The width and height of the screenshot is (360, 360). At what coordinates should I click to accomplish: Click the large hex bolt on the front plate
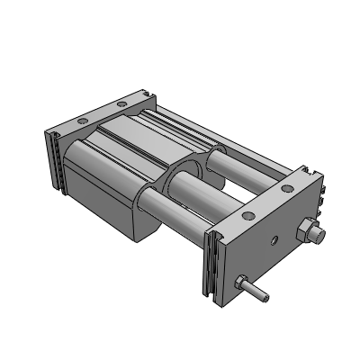pyautogui.click(x=314, y=233)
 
